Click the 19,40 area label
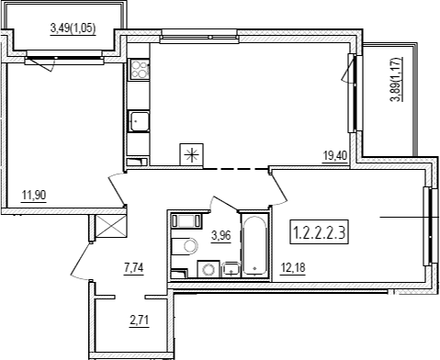pyautogui.click(x=335, y=156)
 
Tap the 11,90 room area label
pyautogui.click(x=34, y=195)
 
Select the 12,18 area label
pyautogui.click(x=293, y=268)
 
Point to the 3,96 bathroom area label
pyautogui.click(x=220, y=236)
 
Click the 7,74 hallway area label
pyautogui.click(x=134, y=268)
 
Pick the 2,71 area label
pyautogui.click(x=139, y=321)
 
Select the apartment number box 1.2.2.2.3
pyautogui.click(x=319, y=233)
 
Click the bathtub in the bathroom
pyautogui.click(x=255, y=245)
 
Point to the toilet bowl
pyautogui.click(x=185, y=246)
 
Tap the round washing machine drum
pyautogui.click(x=209, y=270)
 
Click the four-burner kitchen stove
pyautogui.click(x=139, y=69)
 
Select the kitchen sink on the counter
pyautogui.click(x=139, y=121)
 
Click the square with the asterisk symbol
pyautogui.click(x=192, y=155)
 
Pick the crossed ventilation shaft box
pyautogui.click(x=110, y=226)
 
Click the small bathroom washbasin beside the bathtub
pyautogui.click(x=231, y=269)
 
